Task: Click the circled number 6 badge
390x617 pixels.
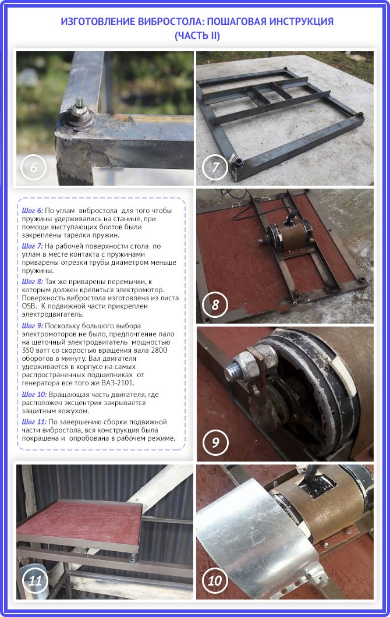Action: tap(33, 167)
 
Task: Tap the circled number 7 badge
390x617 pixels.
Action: tap(215, 167)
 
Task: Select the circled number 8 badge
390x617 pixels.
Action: tap(215, 304)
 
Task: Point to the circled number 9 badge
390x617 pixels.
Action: tap(215, 442)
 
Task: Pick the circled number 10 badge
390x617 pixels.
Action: tap(215, 580)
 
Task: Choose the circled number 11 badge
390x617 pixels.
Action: tap(34, 580)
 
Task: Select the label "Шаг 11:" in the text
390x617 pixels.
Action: tap(34, 422)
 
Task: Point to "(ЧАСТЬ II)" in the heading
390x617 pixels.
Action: tap(197, 36)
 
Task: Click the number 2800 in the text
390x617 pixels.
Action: tap(159, 350)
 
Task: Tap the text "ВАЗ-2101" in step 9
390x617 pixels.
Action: tap(118, 383)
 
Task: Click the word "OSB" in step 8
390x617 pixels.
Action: tap(29, 306)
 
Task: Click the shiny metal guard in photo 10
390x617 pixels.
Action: tap(256, 535)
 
